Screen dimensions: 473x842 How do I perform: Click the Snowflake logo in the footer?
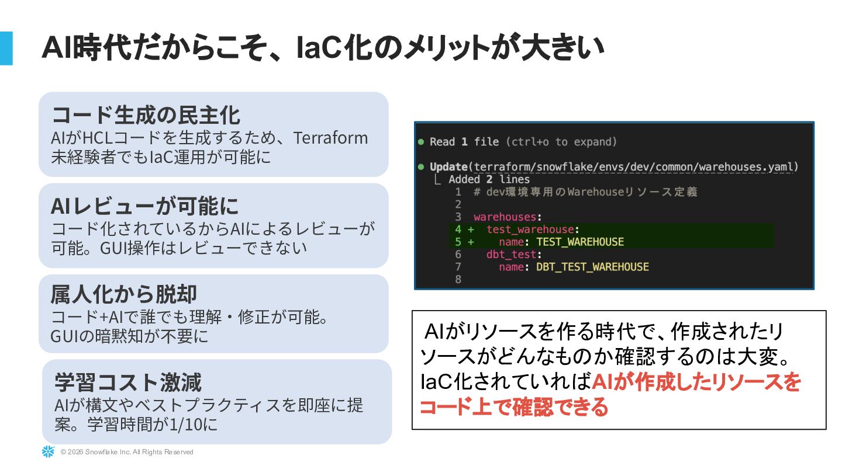(47, 451)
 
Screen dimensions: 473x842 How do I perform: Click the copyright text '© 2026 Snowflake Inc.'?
(127, 452)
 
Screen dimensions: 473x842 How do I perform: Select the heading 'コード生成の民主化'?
(146, 115)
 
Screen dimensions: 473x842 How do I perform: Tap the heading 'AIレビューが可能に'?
(145, 206)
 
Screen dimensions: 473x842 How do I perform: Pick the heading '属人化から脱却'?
(123, 294)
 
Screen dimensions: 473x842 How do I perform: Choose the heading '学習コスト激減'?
(127, 382)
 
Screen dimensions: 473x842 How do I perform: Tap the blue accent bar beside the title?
(6, 48)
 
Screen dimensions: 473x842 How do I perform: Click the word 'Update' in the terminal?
(448, 167)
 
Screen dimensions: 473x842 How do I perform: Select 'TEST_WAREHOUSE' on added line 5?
(580, 242)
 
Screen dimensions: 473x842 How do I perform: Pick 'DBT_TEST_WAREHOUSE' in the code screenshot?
(592, 267)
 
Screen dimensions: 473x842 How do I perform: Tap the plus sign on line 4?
(471, 229)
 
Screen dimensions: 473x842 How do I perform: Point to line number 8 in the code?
(458, 279)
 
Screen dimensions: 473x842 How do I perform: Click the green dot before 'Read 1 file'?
(421, 142)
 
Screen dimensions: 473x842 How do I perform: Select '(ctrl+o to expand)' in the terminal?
(561, 142)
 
